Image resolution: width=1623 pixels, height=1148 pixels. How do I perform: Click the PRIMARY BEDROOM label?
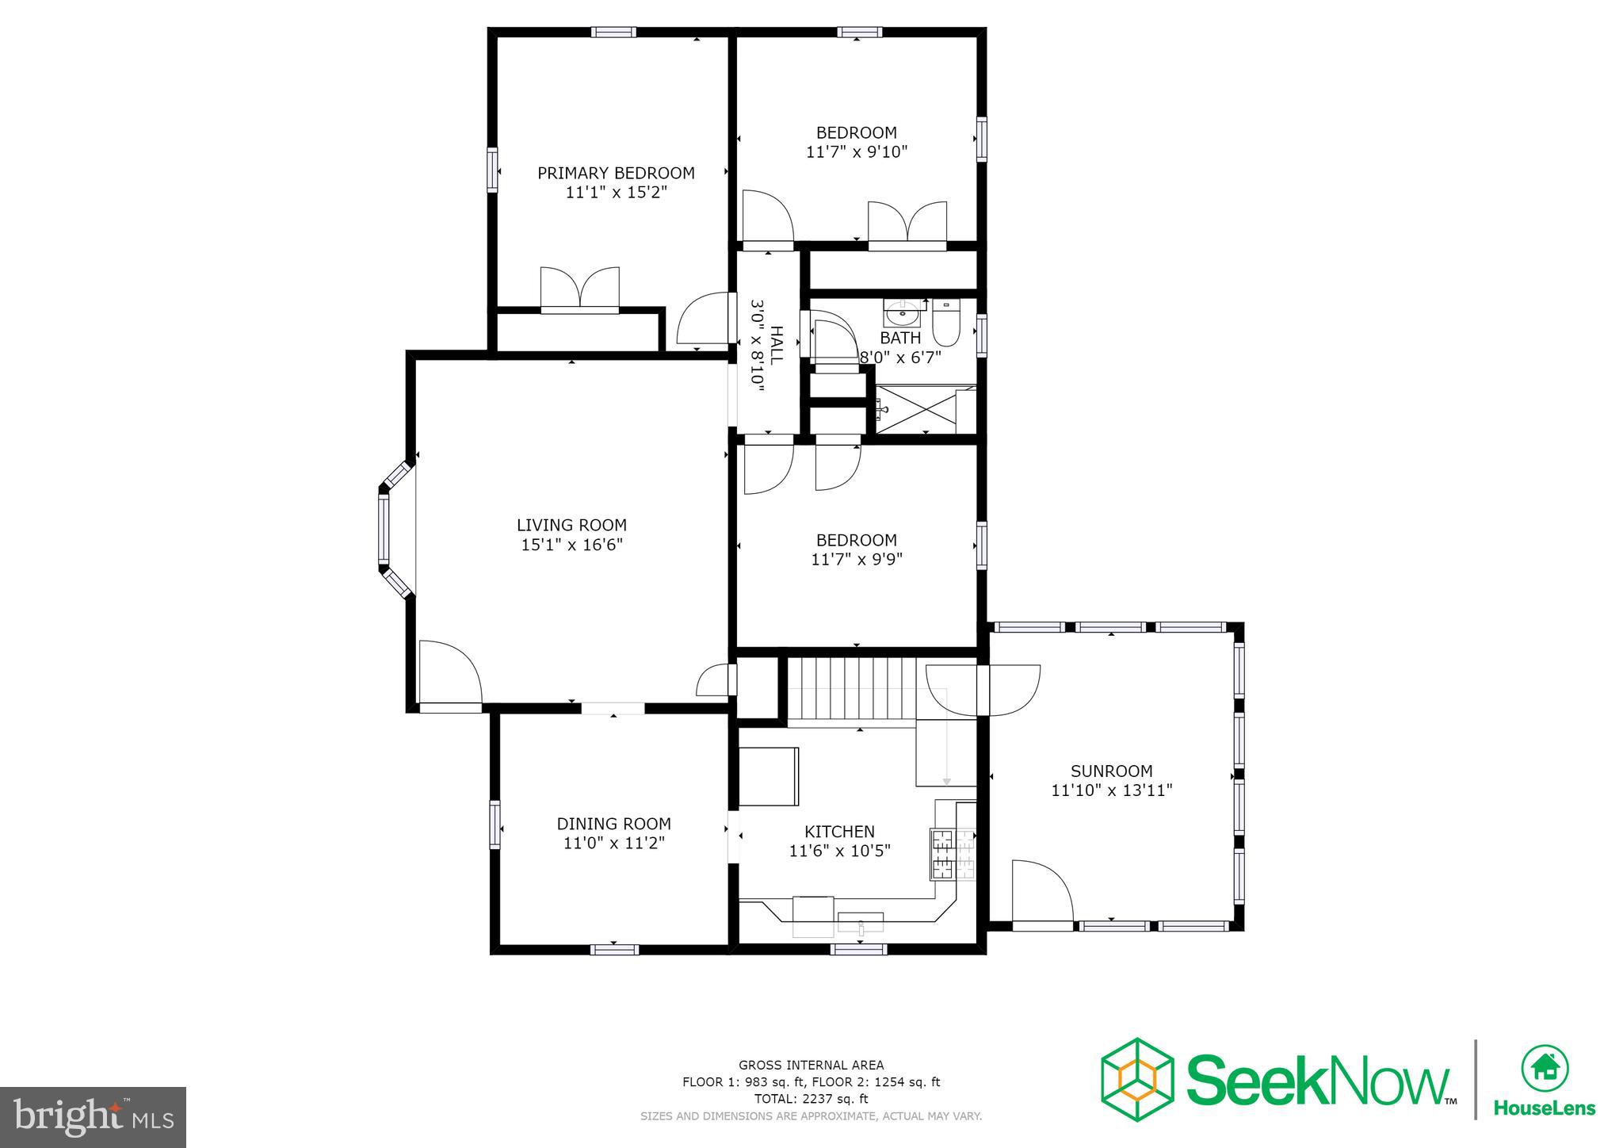616,173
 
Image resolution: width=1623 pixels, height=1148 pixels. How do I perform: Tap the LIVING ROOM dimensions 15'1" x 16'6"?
571,545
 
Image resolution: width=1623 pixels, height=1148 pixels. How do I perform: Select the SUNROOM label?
1111,771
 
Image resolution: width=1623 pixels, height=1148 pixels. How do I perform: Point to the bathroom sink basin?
903,316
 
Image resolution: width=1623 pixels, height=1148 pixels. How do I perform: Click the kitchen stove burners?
943,854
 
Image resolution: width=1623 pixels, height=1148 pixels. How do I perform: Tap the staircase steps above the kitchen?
852,688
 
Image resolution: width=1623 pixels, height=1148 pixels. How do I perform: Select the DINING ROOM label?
613,824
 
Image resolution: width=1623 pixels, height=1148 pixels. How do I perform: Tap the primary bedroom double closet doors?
579,289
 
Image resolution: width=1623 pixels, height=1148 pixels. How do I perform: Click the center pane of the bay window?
384,529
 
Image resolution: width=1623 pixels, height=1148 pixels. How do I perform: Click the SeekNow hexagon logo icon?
1136,1079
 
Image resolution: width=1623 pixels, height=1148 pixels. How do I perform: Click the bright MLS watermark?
93,1117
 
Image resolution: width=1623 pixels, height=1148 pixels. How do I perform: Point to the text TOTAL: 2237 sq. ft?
811,1099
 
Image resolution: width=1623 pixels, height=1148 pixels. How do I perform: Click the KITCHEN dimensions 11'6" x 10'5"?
839,851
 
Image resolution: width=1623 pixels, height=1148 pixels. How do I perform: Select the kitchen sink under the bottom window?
861,922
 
